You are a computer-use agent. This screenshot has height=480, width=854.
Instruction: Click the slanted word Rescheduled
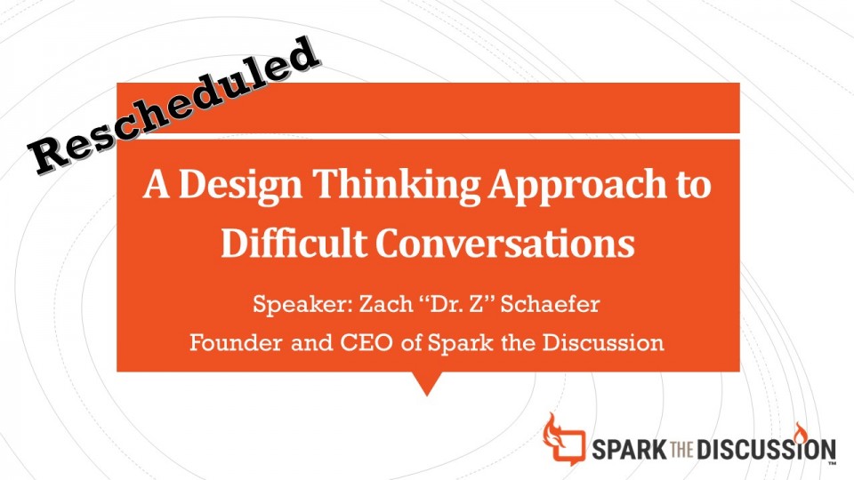[173, 106]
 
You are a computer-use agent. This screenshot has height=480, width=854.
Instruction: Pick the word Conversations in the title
[505, 243]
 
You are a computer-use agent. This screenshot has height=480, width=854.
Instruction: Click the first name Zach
[385, 304]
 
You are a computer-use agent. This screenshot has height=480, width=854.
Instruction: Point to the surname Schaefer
[550, 303]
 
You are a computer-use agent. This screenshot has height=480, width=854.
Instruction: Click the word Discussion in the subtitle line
[603, 343]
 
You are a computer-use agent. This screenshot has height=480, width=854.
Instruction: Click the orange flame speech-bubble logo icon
[564, 439]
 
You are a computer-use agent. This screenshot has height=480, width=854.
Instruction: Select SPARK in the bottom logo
[629, 450]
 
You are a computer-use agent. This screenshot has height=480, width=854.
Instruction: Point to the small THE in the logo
[682, 450]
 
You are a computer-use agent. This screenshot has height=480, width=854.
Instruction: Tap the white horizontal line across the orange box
[428, 136]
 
